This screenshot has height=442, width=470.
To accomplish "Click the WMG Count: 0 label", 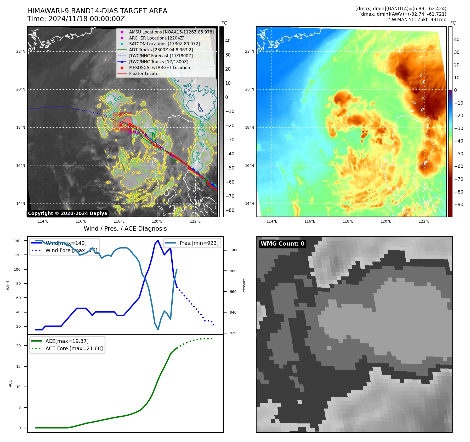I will (282, 244).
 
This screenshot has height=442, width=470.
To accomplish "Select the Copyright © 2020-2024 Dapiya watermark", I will (67, 213).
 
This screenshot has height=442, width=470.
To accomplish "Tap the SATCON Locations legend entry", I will (164, 44).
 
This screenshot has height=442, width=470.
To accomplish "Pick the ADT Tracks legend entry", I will (161, 50).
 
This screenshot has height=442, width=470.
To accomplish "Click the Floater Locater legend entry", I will (144, 74).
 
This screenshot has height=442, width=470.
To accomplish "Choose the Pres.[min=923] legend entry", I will (199, 243).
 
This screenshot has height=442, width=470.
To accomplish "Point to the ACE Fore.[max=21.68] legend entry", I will (74, 348).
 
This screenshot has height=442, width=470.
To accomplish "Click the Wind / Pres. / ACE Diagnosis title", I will (125, 229).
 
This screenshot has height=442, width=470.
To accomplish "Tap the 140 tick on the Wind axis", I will (17, 241).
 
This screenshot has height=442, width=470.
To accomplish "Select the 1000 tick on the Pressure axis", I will (234, 250).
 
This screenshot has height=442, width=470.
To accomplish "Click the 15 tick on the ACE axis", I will (18, 366).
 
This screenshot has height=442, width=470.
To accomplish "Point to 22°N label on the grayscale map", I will (21, 52).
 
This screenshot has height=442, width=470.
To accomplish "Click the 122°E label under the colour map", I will (424, 221).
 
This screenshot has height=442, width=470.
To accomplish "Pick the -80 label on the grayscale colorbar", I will (230, 210).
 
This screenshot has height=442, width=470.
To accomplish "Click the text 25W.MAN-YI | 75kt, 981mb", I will (416, 20).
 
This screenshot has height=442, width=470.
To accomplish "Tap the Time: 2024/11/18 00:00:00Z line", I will (76, 19).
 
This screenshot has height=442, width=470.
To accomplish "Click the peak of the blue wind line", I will (158, 240).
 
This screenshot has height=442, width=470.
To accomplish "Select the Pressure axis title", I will (244, 286).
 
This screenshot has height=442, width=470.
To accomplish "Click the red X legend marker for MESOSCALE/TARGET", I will (122, 68).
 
